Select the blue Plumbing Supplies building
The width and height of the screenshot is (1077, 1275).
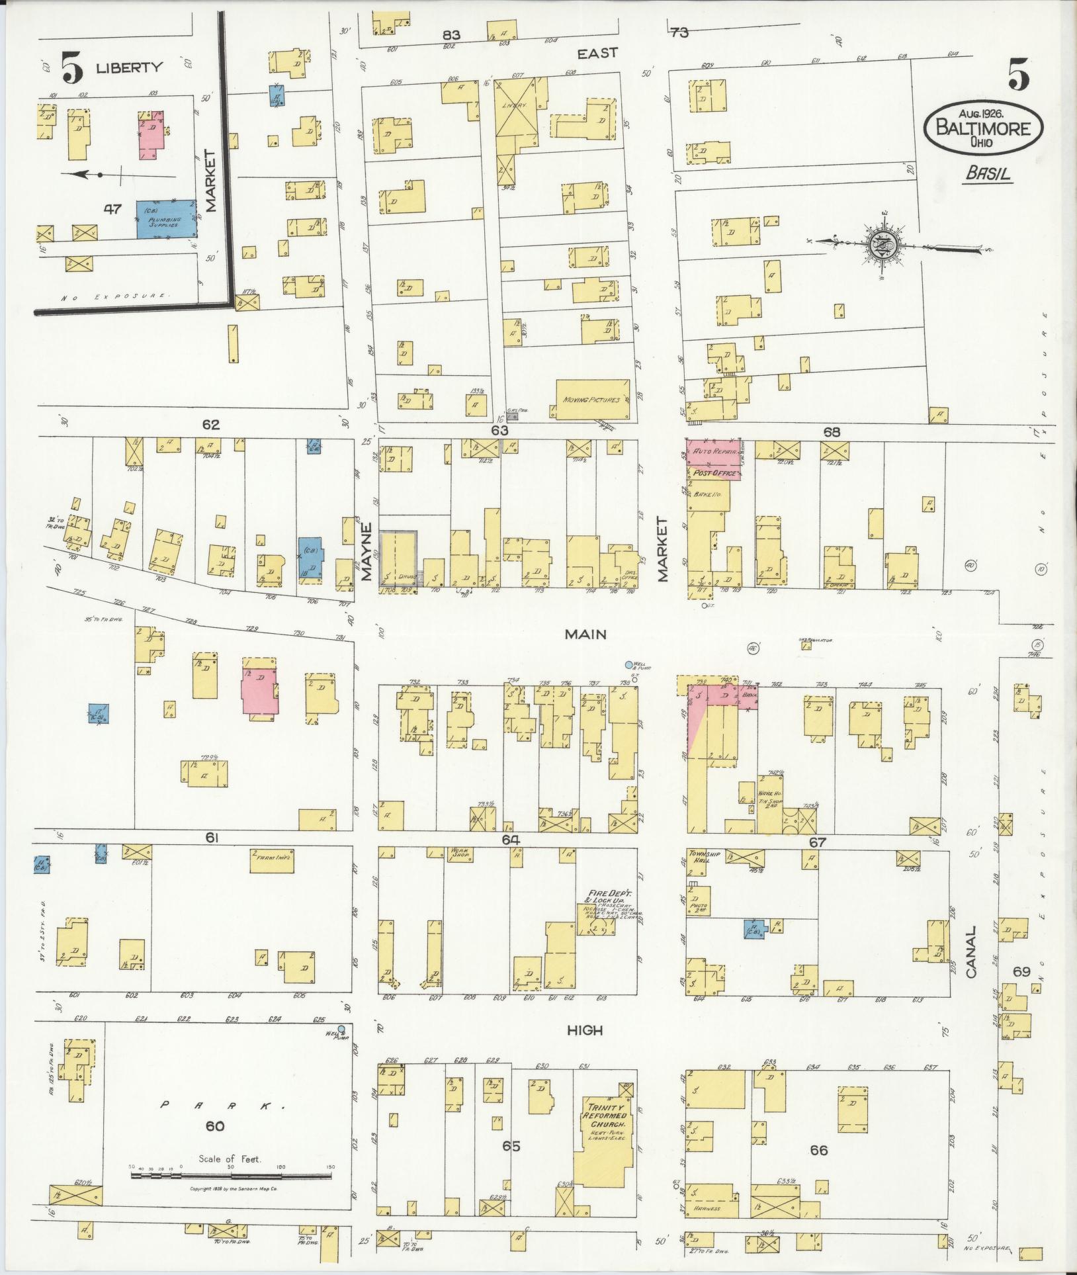(x=166, y=219)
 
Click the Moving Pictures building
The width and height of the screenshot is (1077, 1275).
(x=591, y=400)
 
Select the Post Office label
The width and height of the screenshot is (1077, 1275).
(x=711, y=474)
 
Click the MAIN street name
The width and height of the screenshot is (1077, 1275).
(x=585, y=635)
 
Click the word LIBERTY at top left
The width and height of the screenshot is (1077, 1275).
(x=129, y=67)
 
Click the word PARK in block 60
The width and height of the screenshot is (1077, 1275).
(x=215, y=1105)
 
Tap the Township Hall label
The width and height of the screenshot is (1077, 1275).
(x=699, y=856)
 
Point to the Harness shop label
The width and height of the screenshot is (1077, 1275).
(x=707, y=1208)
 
